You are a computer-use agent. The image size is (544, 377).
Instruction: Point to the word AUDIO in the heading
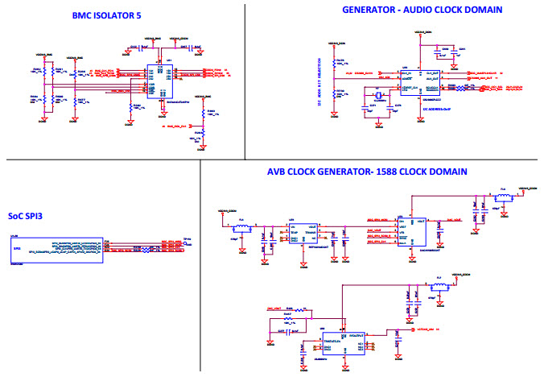[430, 10]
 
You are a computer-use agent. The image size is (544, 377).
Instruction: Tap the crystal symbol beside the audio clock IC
[376, 101]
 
